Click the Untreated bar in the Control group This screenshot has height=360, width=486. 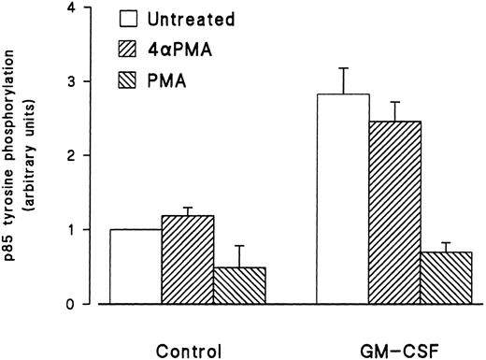point(136,266)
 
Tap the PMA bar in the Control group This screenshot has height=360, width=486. point(238,286)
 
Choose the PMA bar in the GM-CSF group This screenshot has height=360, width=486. point(446,278)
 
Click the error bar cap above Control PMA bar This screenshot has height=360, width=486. point(238,246)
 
